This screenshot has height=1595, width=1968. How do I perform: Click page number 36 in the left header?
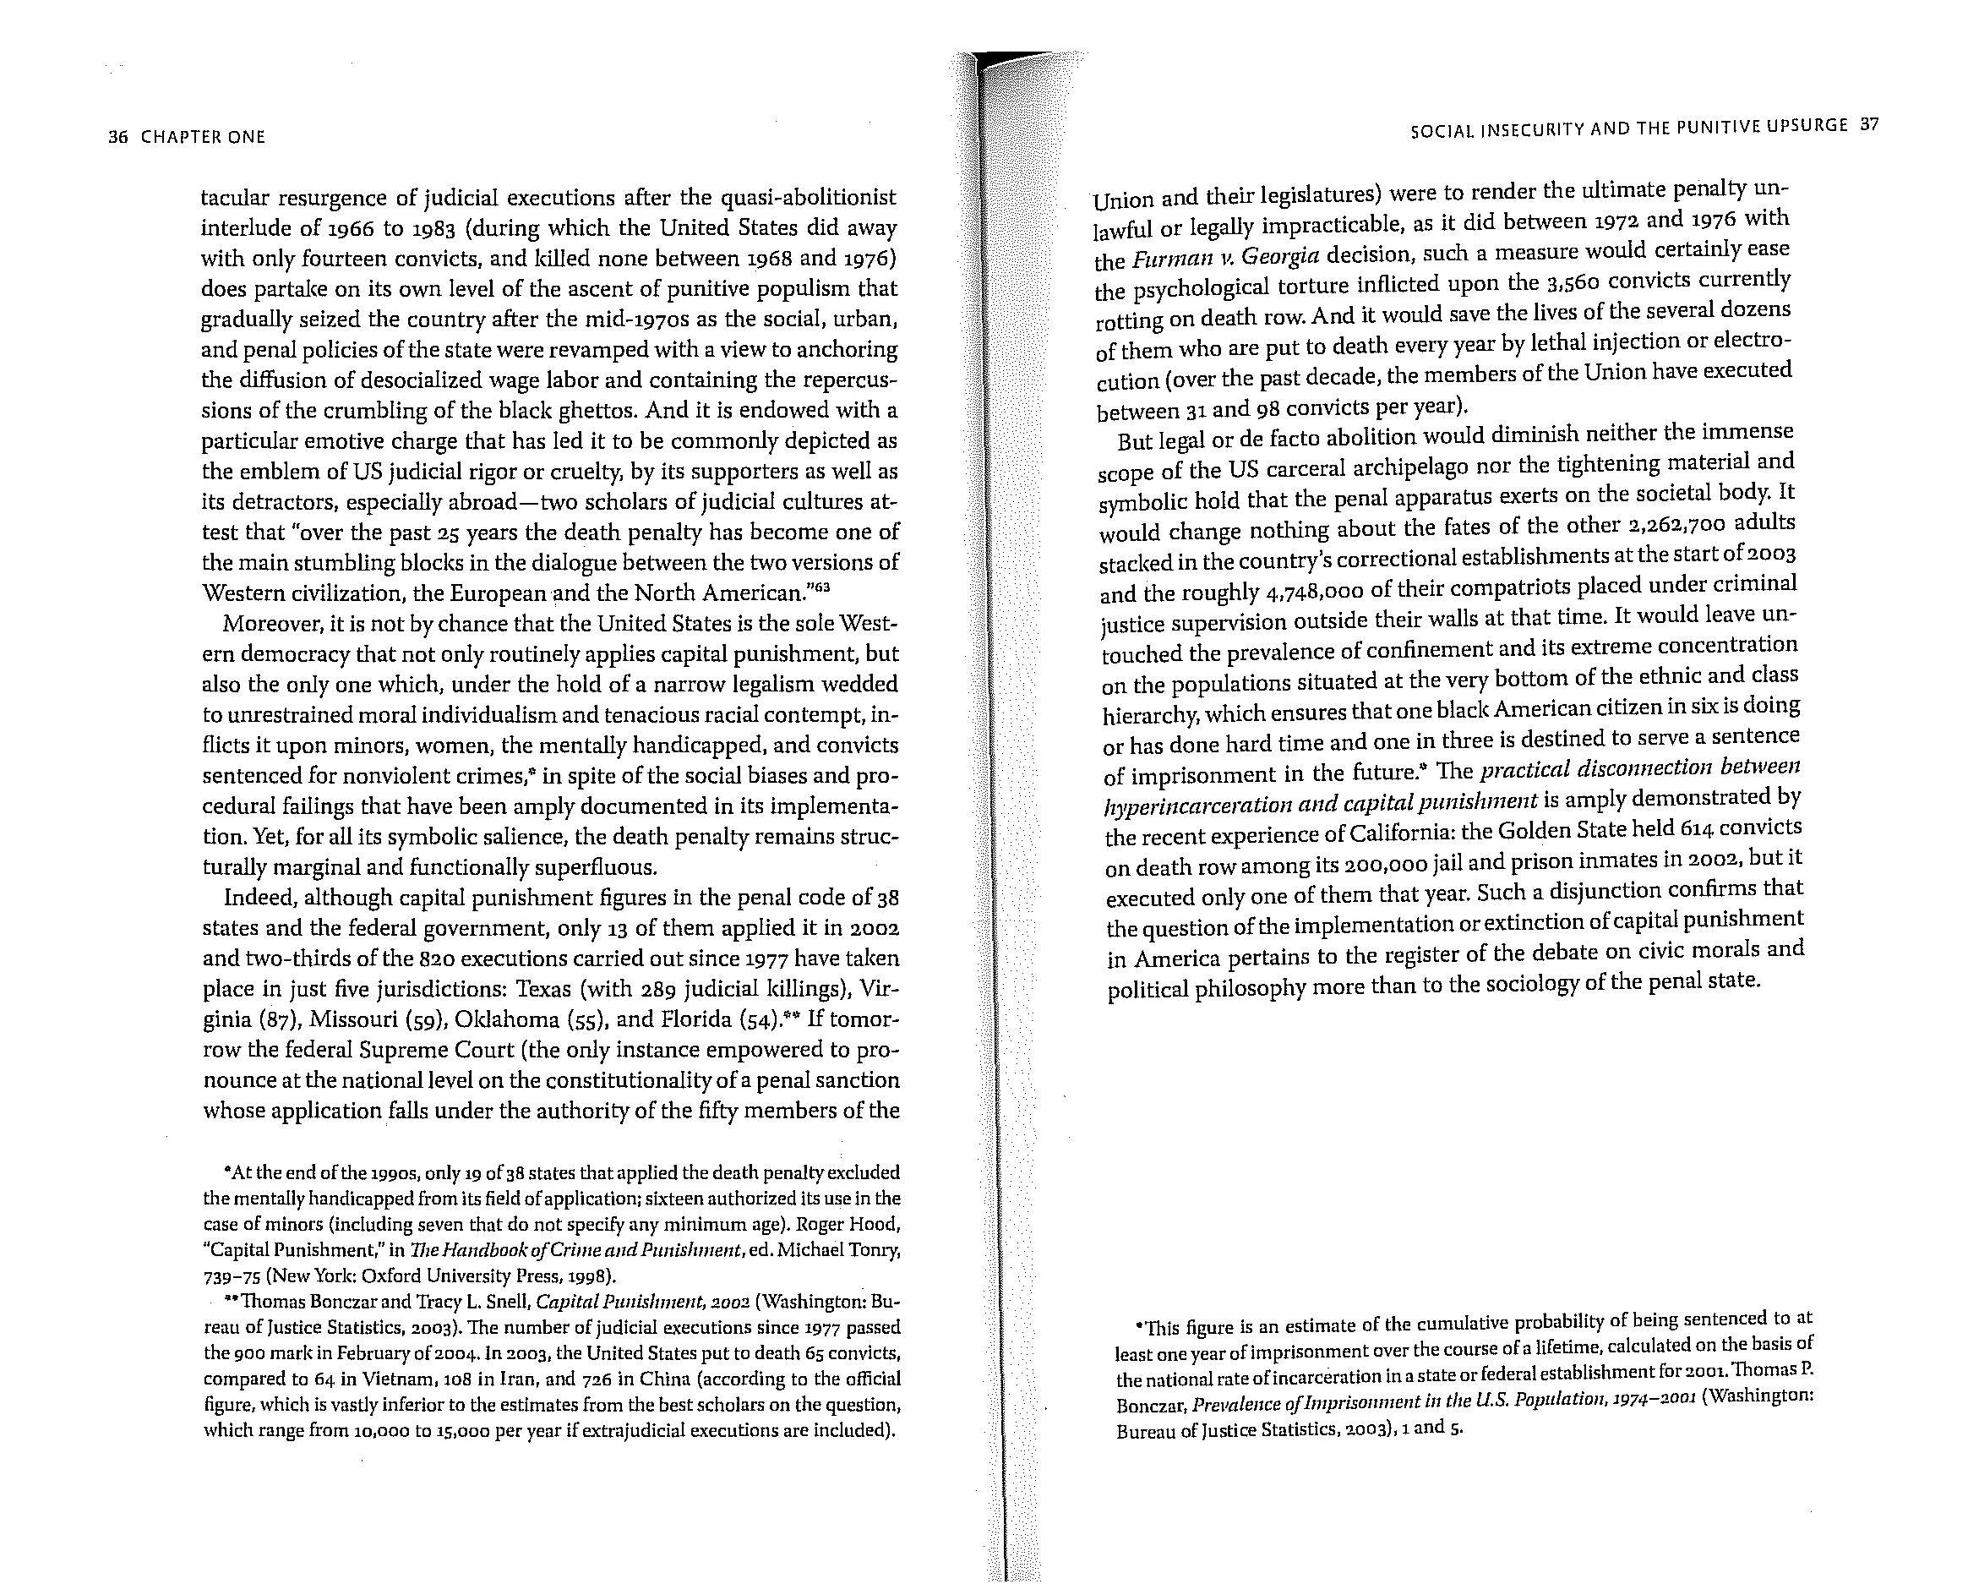(x=116, y=138)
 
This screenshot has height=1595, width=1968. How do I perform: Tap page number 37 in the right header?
(x=1868, y=126)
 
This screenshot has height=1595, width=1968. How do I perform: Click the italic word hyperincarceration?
(x=1208, y=805)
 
